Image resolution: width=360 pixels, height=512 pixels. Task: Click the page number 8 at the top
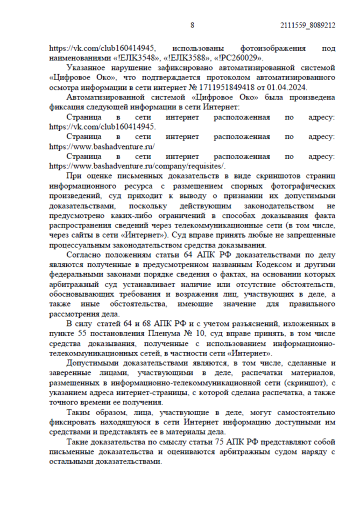click(x=193, y=25)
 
